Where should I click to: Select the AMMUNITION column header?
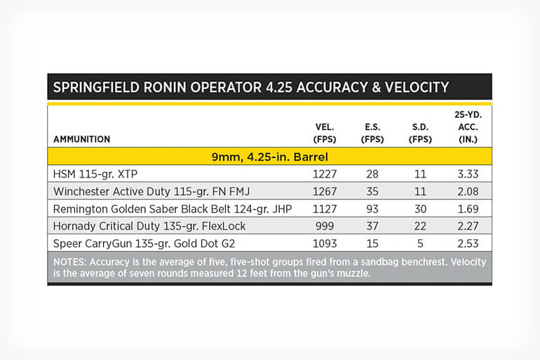(x=81, y=139)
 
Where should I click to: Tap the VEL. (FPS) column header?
(x=325, y=133)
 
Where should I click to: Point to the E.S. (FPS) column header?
(x=372, y=133)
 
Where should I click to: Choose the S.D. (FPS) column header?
(x=420, y=133)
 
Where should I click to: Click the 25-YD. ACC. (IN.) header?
(x=468, y=127)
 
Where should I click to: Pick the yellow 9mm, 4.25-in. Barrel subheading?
(x=270, y=157)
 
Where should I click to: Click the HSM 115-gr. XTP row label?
(x=95, y=174)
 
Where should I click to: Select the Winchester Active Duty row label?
(x=151, y=192)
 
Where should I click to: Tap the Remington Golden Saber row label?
(x=173, y=209)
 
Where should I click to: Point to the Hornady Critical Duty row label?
(x=149, y=226)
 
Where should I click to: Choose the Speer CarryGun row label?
(x=144, y=244)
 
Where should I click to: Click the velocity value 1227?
(x=325, y=174)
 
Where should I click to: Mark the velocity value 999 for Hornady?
(x=325, y=226)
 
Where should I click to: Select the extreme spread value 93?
(x=372, y=209)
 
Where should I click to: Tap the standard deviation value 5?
(x=420, y=244)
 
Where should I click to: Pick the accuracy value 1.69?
(x=468, y=209)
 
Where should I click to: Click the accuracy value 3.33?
(x=468, y=174)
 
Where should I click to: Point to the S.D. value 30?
(x=420, y=209)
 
